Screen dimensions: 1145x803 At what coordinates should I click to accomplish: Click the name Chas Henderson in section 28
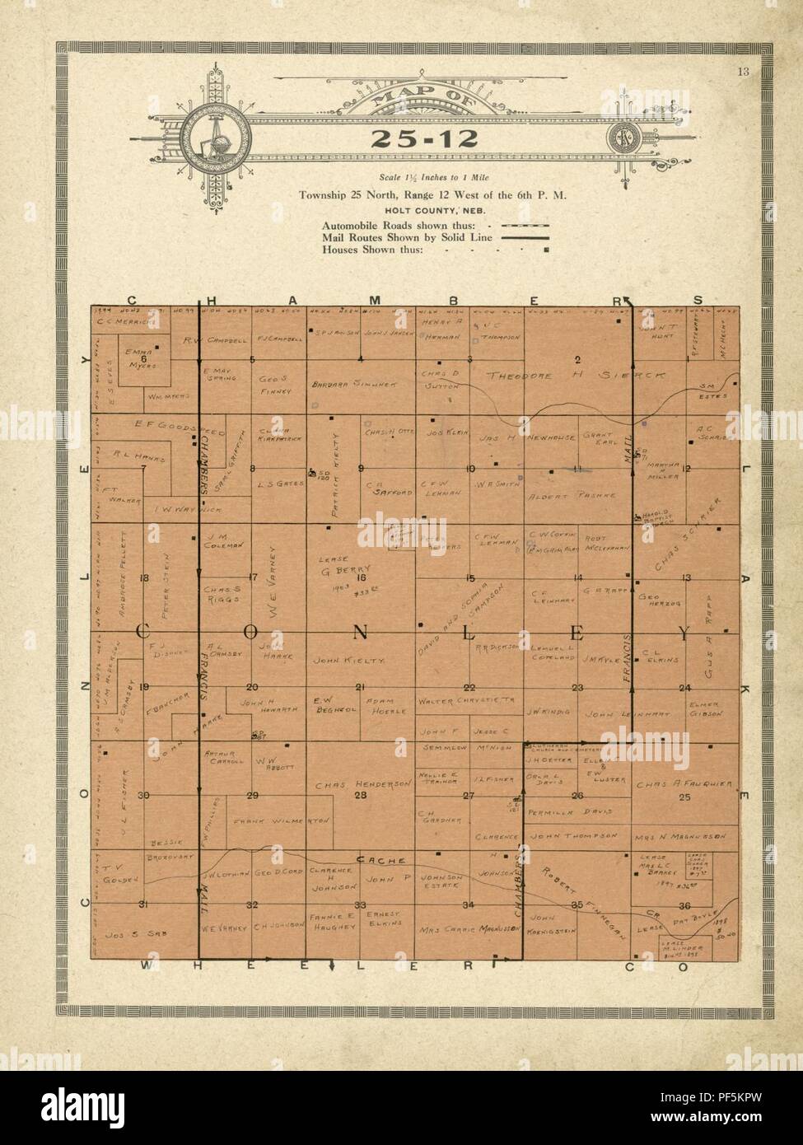pos(362,783)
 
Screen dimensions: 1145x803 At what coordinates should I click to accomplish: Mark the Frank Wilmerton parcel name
pos(282,821)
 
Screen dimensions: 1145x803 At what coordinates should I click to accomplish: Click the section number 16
pos(360,578)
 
